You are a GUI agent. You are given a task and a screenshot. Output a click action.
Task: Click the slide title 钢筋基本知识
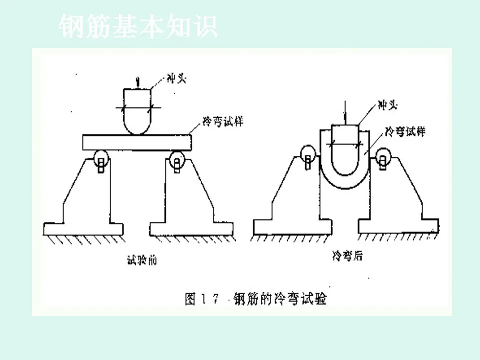tap(138, 27)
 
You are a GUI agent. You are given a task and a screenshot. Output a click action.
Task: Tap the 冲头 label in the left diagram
tap(175, 79)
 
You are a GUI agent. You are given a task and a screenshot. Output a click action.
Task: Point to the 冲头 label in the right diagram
tap(388, 106)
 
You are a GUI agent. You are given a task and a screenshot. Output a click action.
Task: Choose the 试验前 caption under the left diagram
tap(142, 260)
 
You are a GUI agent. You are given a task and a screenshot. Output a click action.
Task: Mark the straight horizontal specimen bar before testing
tap(137, 141)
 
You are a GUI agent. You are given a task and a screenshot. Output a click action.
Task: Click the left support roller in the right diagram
tap(306, 154)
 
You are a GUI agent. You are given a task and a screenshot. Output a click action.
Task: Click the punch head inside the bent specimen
tap(345, 150)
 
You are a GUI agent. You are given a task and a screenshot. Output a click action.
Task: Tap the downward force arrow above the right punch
tap(345, 111)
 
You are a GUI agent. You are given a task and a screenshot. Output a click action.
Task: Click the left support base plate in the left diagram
tap(83, 229)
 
